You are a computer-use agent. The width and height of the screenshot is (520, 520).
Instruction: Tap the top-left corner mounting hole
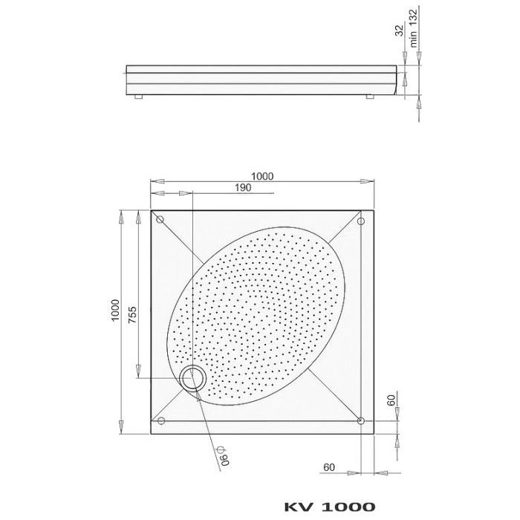click(160, 220)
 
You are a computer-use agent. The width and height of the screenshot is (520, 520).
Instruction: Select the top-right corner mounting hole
click(360, 221)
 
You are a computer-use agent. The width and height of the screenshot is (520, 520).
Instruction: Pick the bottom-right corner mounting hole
click(360, 421)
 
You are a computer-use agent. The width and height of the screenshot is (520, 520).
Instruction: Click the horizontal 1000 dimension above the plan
click(262, 176)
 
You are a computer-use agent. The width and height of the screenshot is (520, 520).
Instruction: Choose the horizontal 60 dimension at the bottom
click(331, 468)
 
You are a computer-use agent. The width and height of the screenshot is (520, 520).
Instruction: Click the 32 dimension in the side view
click(400, 30)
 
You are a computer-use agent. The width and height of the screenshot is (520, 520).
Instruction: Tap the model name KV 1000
click(330, 507)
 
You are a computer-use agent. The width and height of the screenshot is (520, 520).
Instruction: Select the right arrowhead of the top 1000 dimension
click(371, 182)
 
